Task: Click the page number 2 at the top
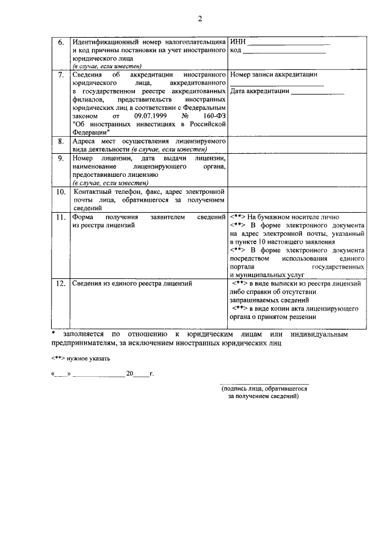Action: click(199, 19)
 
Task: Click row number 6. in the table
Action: click(61, 43)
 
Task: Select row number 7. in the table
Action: click(61, 75)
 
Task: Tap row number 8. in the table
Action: click(61, 142)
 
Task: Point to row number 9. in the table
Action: click(61, 159)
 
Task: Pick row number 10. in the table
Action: click(61, 193)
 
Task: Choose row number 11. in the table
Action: click(60, 218)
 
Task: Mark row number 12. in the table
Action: click(60, 283)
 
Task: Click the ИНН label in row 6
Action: click(238, 41)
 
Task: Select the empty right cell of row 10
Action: click(297, 199)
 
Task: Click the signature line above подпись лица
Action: click(264, 383)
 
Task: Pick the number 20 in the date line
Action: click(129, 374)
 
